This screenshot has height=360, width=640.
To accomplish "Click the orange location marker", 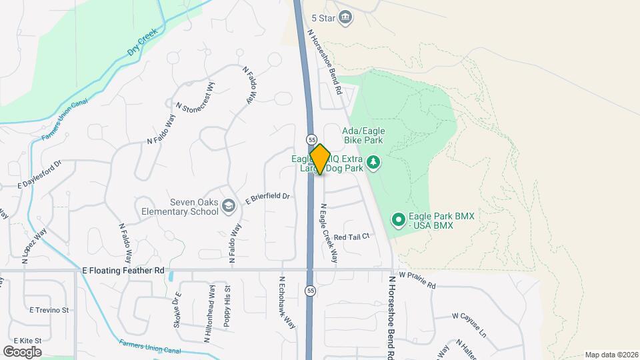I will point(320,159).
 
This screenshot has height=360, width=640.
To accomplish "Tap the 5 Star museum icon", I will point(345,17).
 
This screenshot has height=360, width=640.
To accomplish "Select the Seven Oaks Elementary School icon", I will point(229,205).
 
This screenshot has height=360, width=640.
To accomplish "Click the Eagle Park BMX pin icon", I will point(398,219).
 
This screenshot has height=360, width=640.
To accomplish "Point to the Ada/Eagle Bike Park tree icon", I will point(374,162).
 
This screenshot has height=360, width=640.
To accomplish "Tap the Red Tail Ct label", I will point(351,237).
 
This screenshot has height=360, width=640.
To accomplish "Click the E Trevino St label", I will point(49,310).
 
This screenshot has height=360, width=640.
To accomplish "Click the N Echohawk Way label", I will point(287,303).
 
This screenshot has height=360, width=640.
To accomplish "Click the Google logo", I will point(22,351).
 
